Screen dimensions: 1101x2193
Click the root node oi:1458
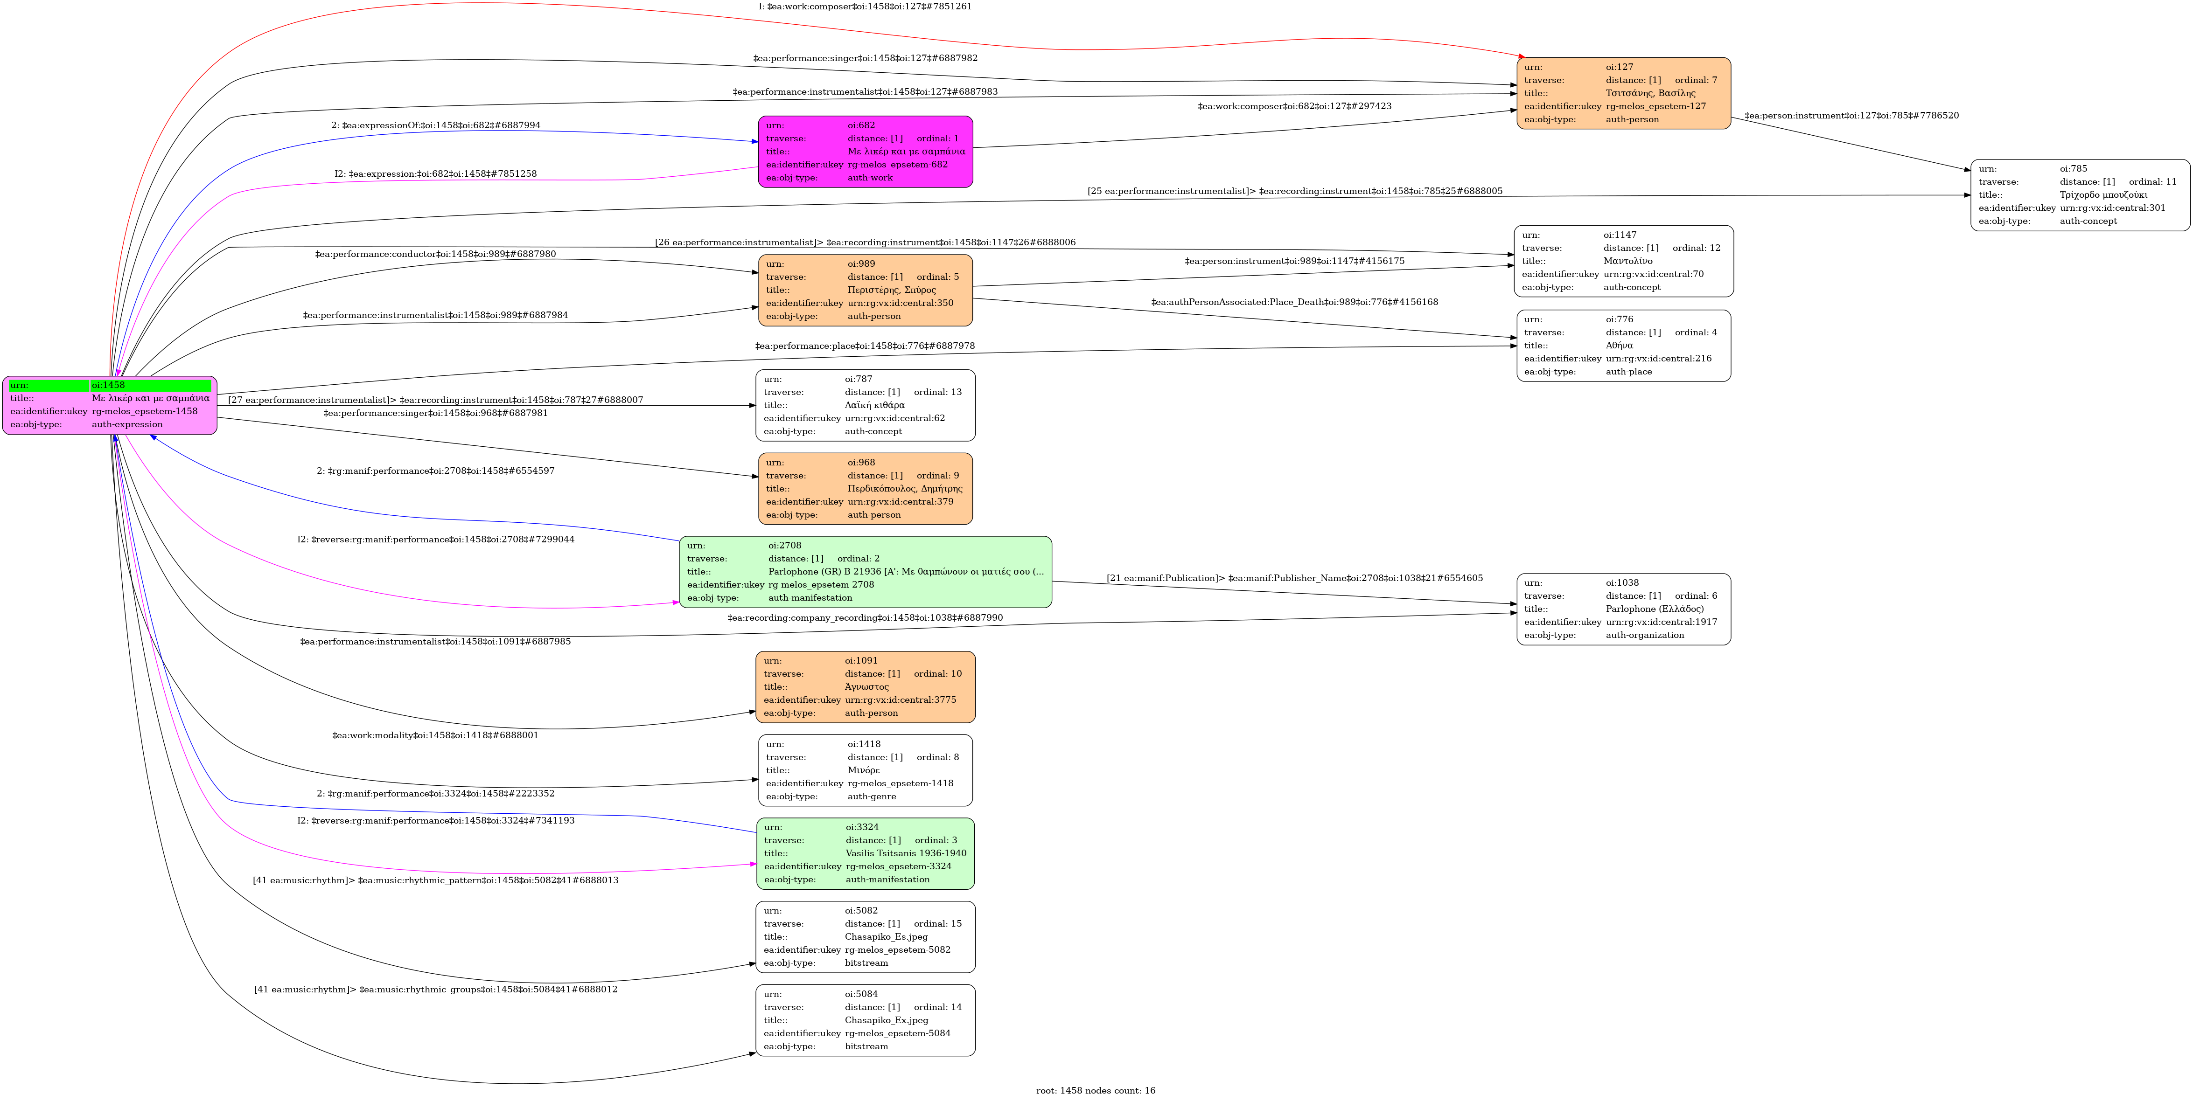coord(110,405)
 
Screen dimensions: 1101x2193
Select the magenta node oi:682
coord(865,152)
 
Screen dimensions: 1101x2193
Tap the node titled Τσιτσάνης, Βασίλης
coord(1623,94)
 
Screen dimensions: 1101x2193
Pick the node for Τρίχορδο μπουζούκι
coord(2079,195)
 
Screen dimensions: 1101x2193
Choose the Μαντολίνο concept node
coord(1623,261)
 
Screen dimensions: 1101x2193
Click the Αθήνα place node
coord(1623,346)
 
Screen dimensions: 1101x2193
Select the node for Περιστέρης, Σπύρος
coord(865,290)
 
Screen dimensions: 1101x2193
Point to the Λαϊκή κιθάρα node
coord(865,405)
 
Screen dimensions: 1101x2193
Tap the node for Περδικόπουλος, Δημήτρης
coord(865,488)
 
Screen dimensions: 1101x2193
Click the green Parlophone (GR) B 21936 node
coord(865,572)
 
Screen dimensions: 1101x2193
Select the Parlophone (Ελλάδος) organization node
coord(1623,609)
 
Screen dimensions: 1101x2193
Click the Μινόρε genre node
coord(865,770)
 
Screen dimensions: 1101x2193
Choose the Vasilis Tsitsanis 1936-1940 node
coord(865,853)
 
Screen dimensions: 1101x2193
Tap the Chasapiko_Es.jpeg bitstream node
coord(865,937)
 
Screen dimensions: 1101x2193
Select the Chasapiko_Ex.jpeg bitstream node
coord(865,1020)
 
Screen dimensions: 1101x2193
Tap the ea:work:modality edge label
coord(435,735)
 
